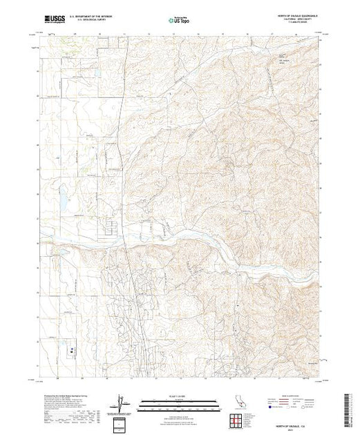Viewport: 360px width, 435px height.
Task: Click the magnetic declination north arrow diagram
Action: click(x=122, y=403)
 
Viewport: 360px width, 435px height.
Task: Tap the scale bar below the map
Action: click(x=180, y=405)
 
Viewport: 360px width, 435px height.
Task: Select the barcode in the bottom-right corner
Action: click(x=349, y=407)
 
